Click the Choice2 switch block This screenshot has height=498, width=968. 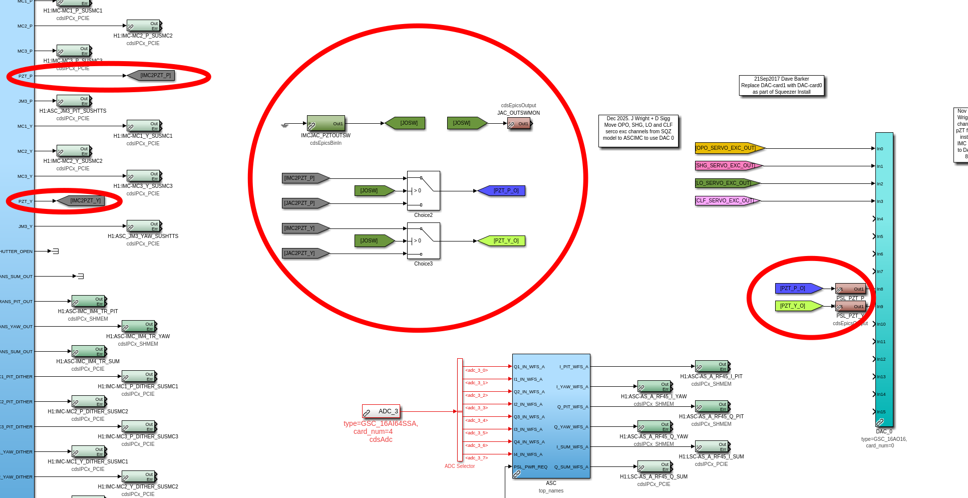click(423, 190)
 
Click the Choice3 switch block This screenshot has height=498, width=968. click(423, 240)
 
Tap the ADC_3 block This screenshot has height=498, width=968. click(381, 411)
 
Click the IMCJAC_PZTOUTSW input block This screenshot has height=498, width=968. click(326, 123)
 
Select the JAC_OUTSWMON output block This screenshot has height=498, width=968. click(519, 123)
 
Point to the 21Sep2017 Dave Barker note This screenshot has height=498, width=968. click(781, 85)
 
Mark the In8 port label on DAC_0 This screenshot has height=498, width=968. click(880, 289)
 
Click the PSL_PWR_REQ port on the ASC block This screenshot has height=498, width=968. click(530, 467)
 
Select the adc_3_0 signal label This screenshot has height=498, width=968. click(476, 370)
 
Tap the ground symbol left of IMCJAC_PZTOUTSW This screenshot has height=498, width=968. click(285, 125)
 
